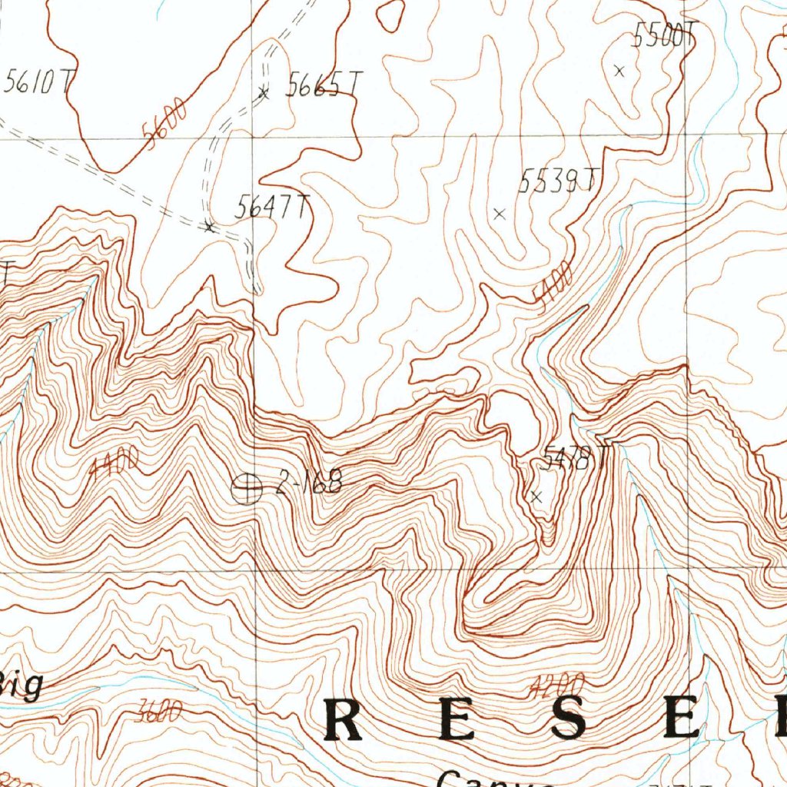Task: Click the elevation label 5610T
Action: (34, 81)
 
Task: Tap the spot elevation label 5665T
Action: (323, 85)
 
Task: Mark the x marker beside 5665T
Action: (264, 93)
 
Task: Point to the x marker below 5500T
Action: (619, 71)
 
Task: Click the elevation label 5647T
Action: (272, 206)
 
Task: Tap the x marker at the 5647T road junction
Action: (209, 227)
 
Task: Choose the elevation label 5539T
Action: (556, 181)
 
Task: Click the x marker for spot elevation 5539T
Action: (500, 214)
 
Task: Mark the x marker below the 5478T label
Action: (536, 497)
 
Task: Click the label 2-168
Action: (307, 484)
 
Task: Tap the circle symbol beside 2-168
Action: (247, 487)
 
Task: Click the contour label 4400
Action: (114, 463)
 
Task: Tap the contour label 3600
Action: (157, 713)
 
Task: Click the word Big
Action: (22, 684)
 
